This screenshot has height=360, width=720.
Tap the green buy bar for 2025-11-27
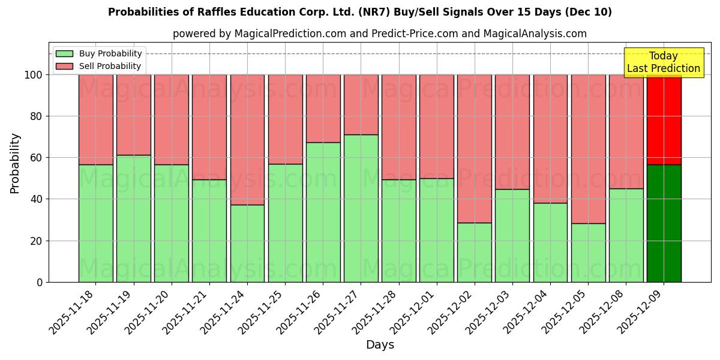pos(361,208)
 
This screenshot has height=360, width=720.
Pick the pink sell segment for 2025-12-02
pos(474,149)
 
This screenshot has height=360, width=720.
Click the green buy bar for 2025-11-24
pos(247,243)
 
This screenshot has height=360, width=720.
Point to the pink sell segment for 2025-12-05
pos(588,149)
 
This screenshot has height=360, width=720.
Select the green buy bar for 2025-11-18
pos(95,223)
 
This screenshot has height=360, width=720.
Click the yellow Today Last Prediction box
pos(663,62)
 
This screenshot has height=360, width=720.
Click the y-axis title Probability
pos(15,163)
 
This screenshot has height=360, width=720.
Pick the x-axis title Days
pos(380,345)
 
